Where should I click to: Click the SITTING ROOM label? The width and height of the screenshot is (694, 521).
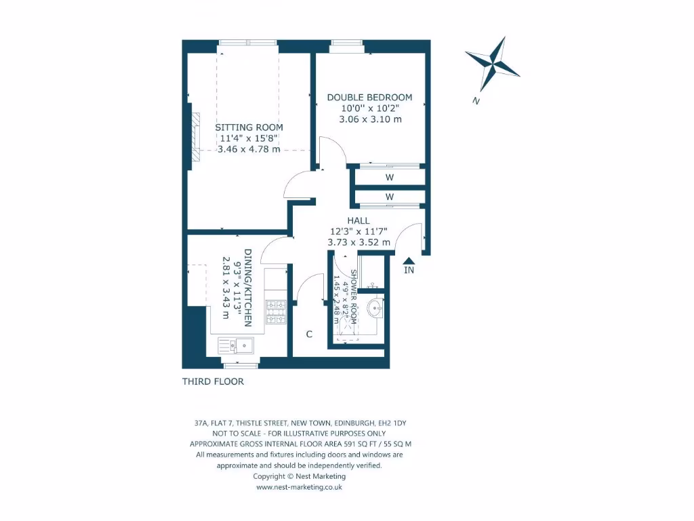tap(249, 127)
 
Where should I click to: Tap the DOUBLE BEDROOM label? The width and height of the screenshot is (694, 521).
tap(369, 97)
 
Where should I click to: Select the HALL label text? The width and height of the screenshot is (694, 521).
tap(359, 220)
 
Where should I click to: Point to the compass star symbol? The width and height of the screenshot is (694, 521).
tap(493, 63)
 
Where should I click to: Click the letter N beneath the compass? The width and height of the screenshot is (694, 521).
tap(476, 101)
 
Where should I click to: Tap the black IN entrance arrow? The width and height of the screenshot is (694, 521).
tap(409, 259)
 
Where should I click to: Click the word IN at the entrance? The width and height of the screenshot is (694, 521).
tap(409, 271)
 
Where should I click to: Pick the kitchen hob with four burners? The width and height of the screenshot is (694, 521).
tap(277, 312)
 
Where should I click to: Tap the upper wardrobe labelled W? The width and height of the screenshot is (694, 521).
tap(390, 178)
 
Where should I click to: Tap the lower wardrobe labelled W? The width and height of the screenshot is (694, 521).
tap(390, 197)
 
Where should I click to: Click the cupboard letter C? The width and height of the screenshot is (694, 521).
tap(309, 334)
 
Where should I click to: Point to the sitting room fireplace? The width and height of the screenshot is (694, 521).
tap(196, 138)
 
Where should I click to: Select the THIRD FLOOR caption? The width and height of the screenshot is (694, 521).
tap(213, 381)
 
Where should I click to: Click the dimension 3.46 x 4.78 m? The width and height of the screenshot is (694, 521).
tap(249, 149)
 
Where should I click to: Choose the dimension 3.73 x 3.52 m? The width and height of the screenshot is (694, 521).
tap(359, 242)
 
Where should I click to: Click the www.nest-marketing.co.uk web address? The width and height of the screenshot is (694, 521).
tap(299, 487)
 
